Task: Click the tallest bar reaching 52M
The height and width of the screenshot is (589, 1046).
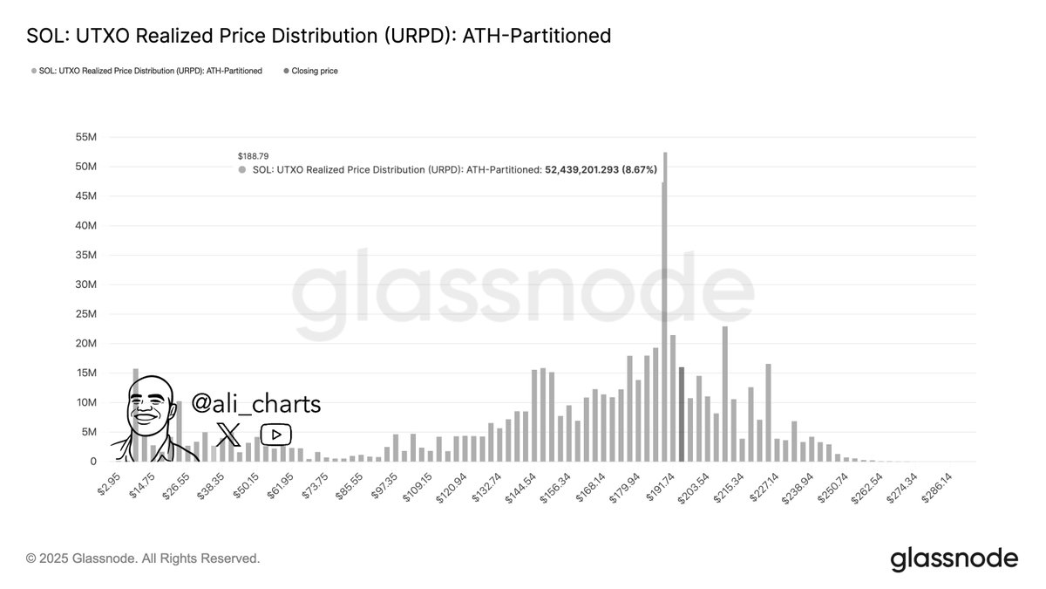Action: click(665, 305)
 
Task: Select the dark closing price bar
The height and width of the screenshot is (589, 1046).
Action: click(682, 414)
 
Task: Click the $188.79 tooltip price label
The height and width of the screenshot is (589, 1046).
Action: click(253, 156)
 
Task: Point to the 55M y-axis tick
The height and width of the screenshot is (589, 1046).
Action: click(85, 137)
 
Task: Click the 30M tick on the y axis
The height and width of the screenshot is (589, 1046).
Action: click(85, 284)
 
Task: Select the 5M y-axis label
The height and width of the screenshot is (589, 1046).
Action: click(88, 432)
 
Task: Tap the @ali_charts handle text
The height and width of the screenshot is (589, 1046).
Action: click(256, 404)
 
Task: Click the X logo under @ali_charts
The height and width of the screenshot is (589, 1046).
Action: click(228, 434)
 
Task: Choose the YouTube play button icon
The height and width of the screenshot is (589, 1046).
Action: click(276, 434)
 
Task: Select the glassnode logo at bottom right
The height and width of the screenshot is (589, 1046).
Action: click(954, 558)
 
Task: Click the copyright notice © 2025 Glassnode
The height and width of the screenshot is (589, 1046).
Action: click(143, 558)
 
